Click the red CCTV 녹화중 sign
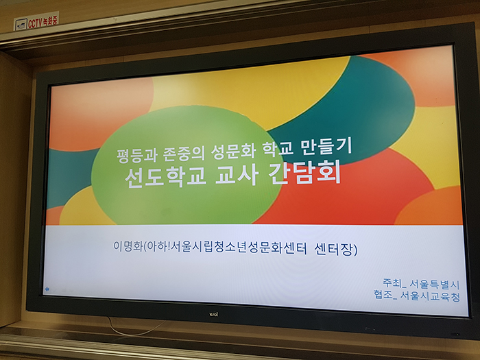(36, 21)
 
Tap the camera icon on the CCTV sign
(21, 25)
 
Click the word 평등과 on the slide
(137, 155)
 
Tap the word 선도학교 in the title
(165, 178)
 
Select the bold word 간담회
(304, 173)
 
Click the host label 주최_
(394, 283)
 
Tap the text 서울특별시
(435, 285)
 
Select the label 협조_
(385, 295)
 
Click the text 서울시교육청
(431, 296)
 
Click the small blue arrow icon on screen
(47, 289)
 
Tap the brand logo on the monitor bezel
(214, 314)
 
